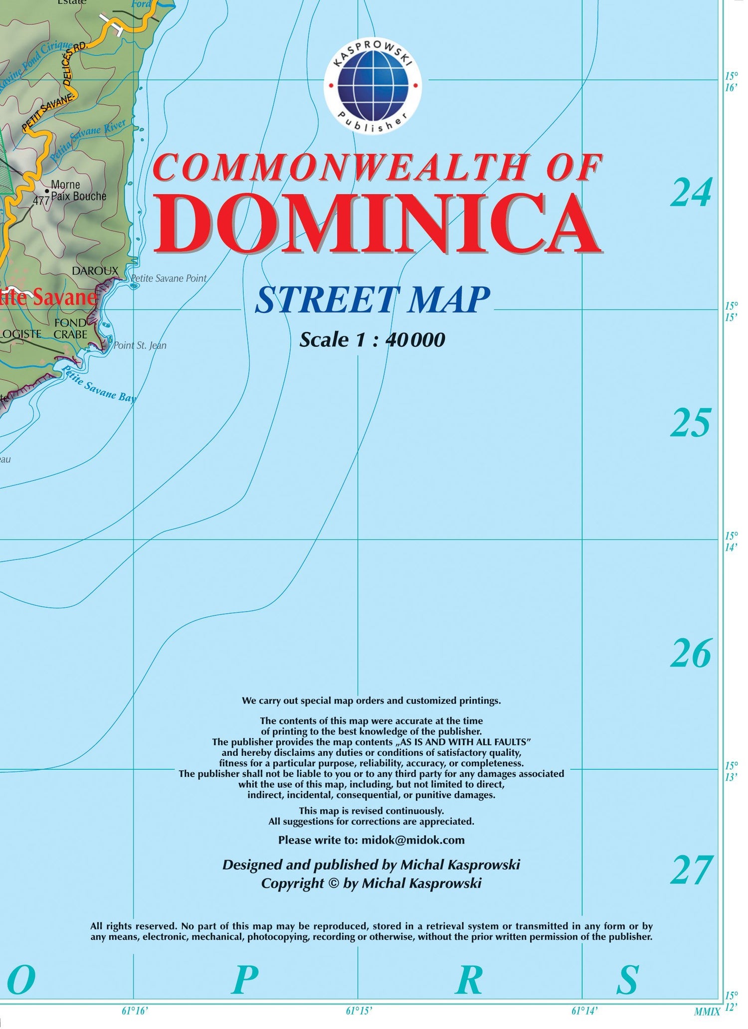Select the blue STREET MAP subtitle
pos(372,300)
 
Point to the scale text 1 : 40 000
pos(372,340)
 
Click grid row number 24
pos(691,193)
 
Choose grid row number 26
pos(691,654)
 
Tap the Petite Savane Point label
pos(169,278)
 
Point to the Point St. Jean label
pos(140,345)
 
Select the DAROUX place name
pos(95,271)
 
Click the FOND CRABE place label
pos(71,329)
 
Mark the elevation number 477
pos(41,201)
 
